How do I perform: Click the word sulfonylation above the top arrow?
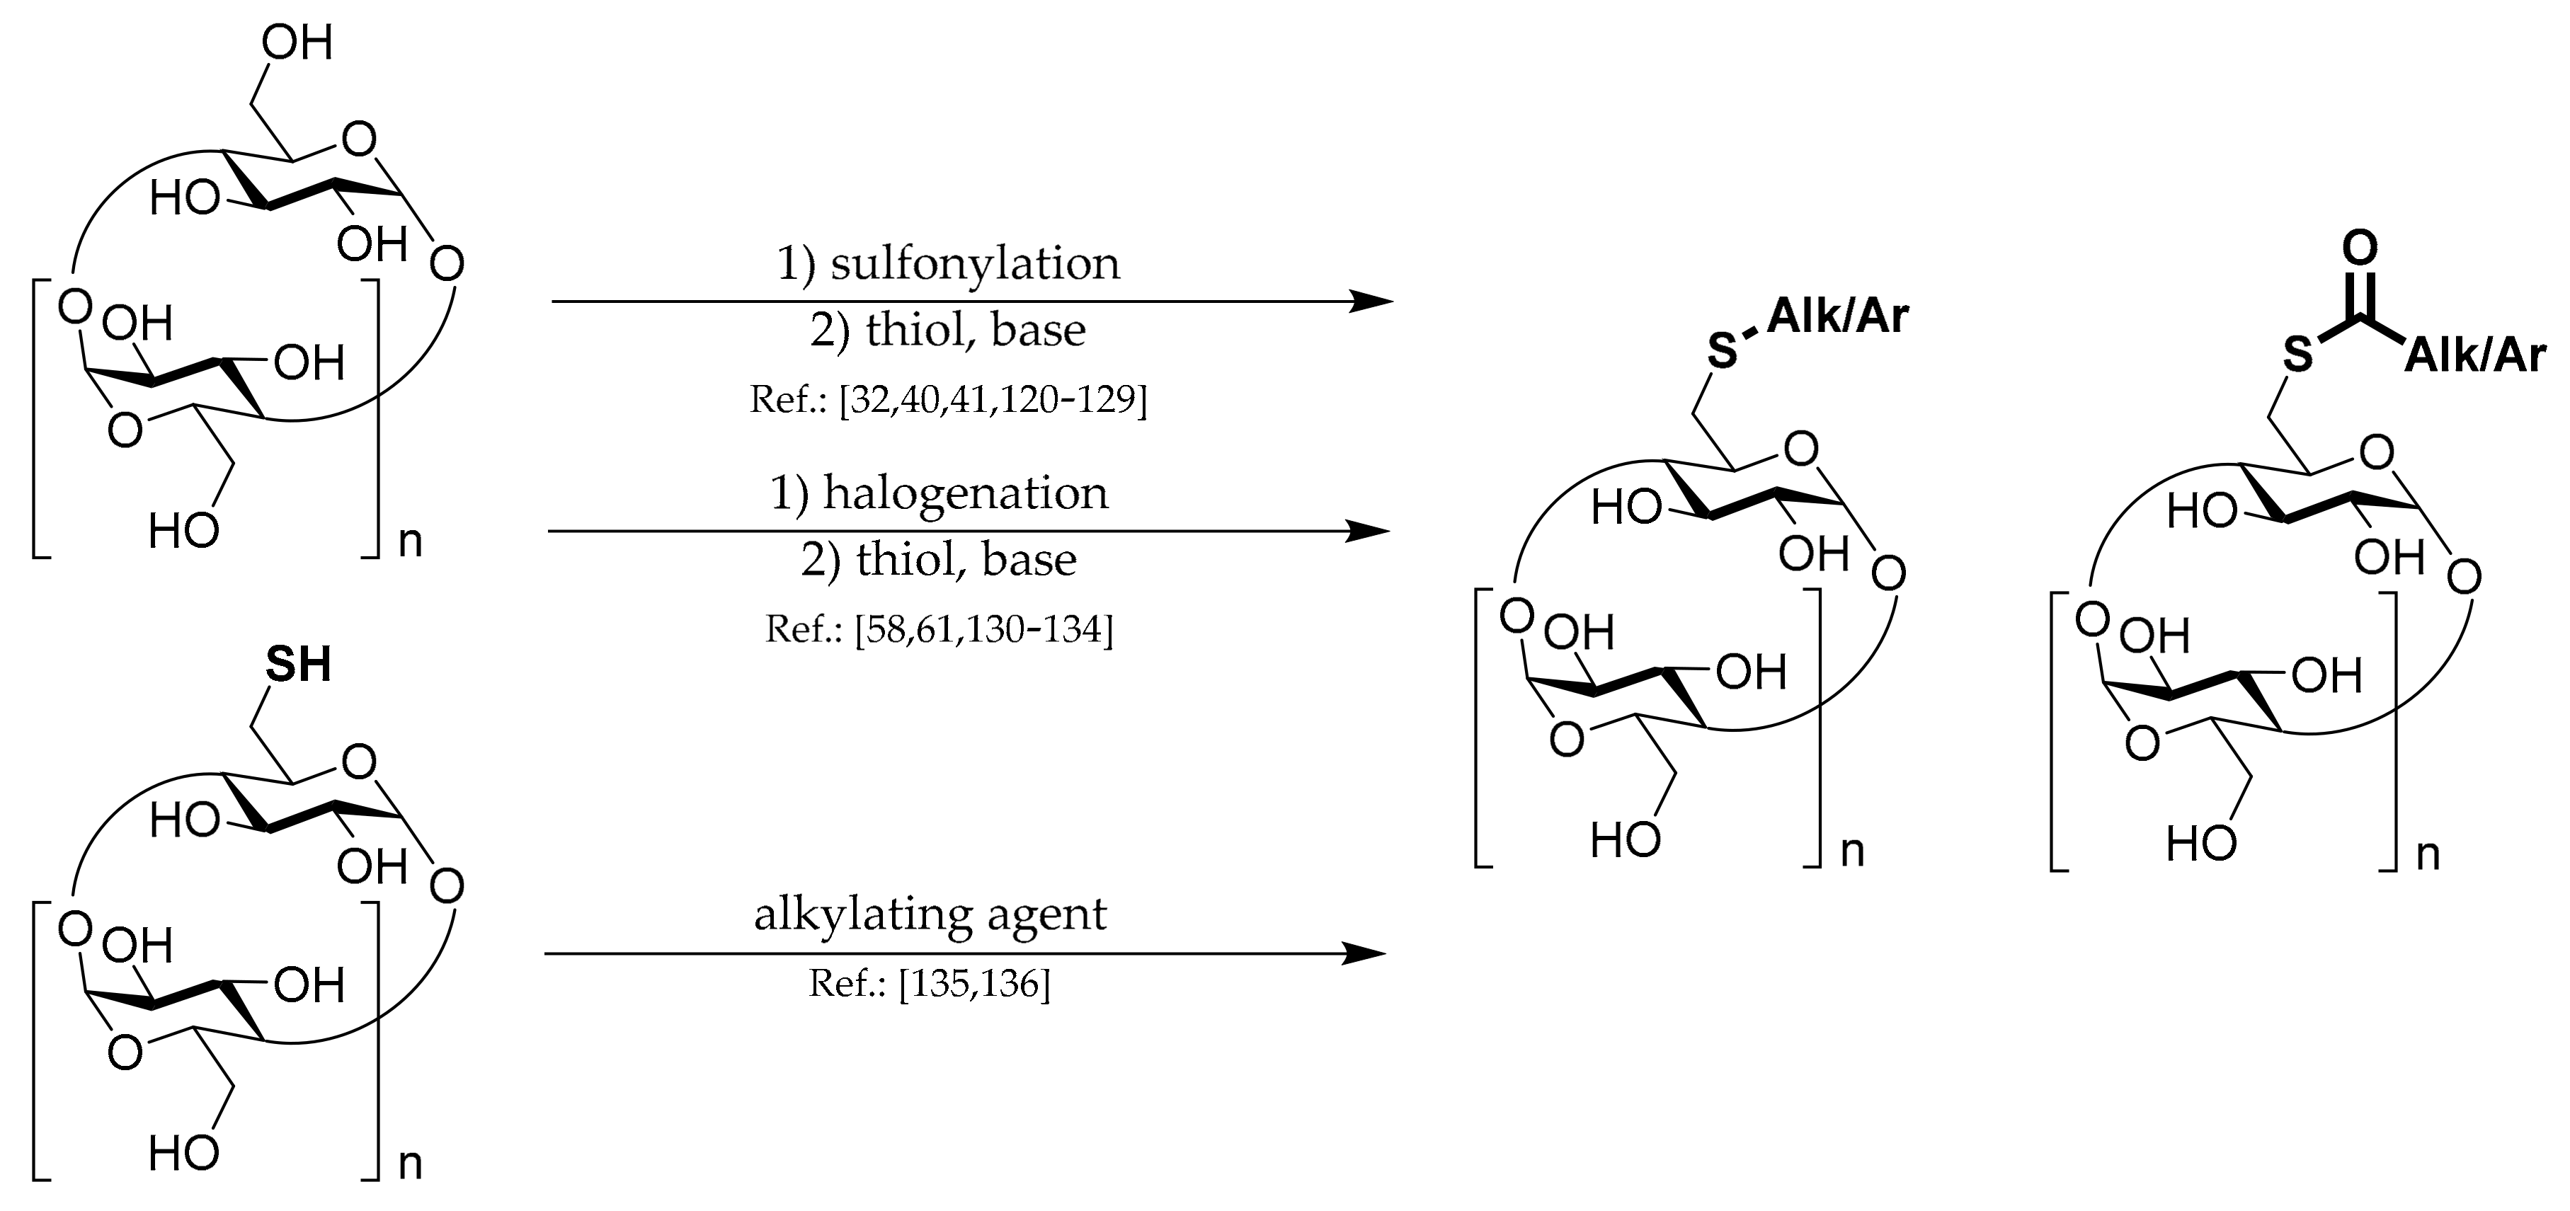click(975, 264)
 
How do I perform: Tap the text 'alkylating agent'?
click(930, 914)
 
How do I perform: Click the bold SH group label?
click(297, 665)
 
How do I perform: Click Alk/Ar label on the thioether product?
click(1838, 316)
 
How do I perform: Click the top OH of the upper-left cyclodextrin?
click(297, 44)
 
